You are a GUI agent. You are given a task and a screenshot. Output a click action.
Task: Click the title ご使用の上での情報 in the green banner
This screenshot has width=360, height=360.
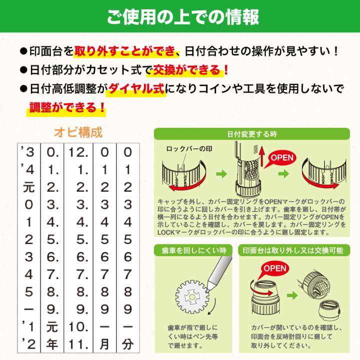coord(183,16)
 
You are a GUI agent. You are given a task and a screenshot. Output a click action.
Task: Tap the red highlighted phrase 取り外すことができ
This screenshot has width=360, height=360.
coord(126,51)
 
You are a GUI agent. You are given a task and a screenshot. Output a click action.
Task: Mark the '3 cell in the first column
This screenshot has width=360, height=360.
coord(28,151)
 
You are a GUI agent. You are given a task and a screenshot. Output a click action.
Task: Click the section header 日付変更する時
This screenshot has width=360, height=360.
coord(252,134)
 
